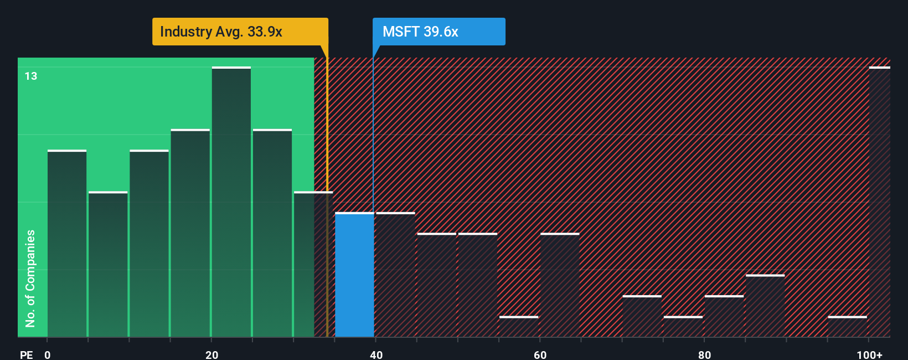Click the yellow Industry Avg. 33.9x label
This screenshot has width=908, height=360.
(x=240, y=32)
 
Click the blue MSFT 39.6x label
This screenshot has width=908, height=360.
(x=438, y=32)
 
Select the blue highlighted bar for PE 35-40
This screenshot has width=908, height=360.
(x=354, y=275)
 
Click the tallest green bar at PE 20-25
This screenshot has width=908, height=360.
(x=231, y=202)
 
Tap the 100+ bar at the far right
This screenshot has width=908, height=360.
(x=879, y=202)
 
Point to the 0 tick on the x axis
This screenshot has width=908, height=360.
(x=48, y=354)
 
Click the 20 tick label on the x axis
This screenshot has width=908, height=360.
(x=211, y=354)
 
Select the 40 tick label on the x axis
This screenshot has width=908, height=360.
(x=376, y=354)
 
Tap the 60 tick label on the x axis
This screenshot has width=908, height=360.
(x=540, y=354)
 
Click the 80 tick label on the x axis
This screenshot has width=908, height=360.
(x=704, y=354)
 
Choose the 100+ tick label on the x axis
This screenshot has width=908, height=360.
(x=869, y=354)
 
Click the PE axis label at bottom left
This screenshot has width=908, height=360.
(x=26, y=354)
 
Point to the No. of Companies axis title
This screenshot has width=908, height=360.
(x=30, y=278)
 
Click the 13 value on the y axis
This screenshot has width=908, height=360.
(x=31, y=76)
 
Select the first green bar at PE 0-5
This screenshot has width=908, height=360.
(x=67, y=244)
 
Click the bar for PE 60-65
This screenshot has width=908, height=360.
(x=560, y=285)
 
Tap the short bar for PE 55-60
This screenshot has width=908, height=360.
(x=519, y=326)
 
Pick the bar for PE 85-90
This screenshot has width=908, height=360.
(x=765, y=306)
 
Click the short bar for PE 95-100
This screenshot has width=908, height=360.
(x=847, y=326)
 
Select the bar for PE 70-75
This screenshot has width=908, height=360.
(x=642, y=316)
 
